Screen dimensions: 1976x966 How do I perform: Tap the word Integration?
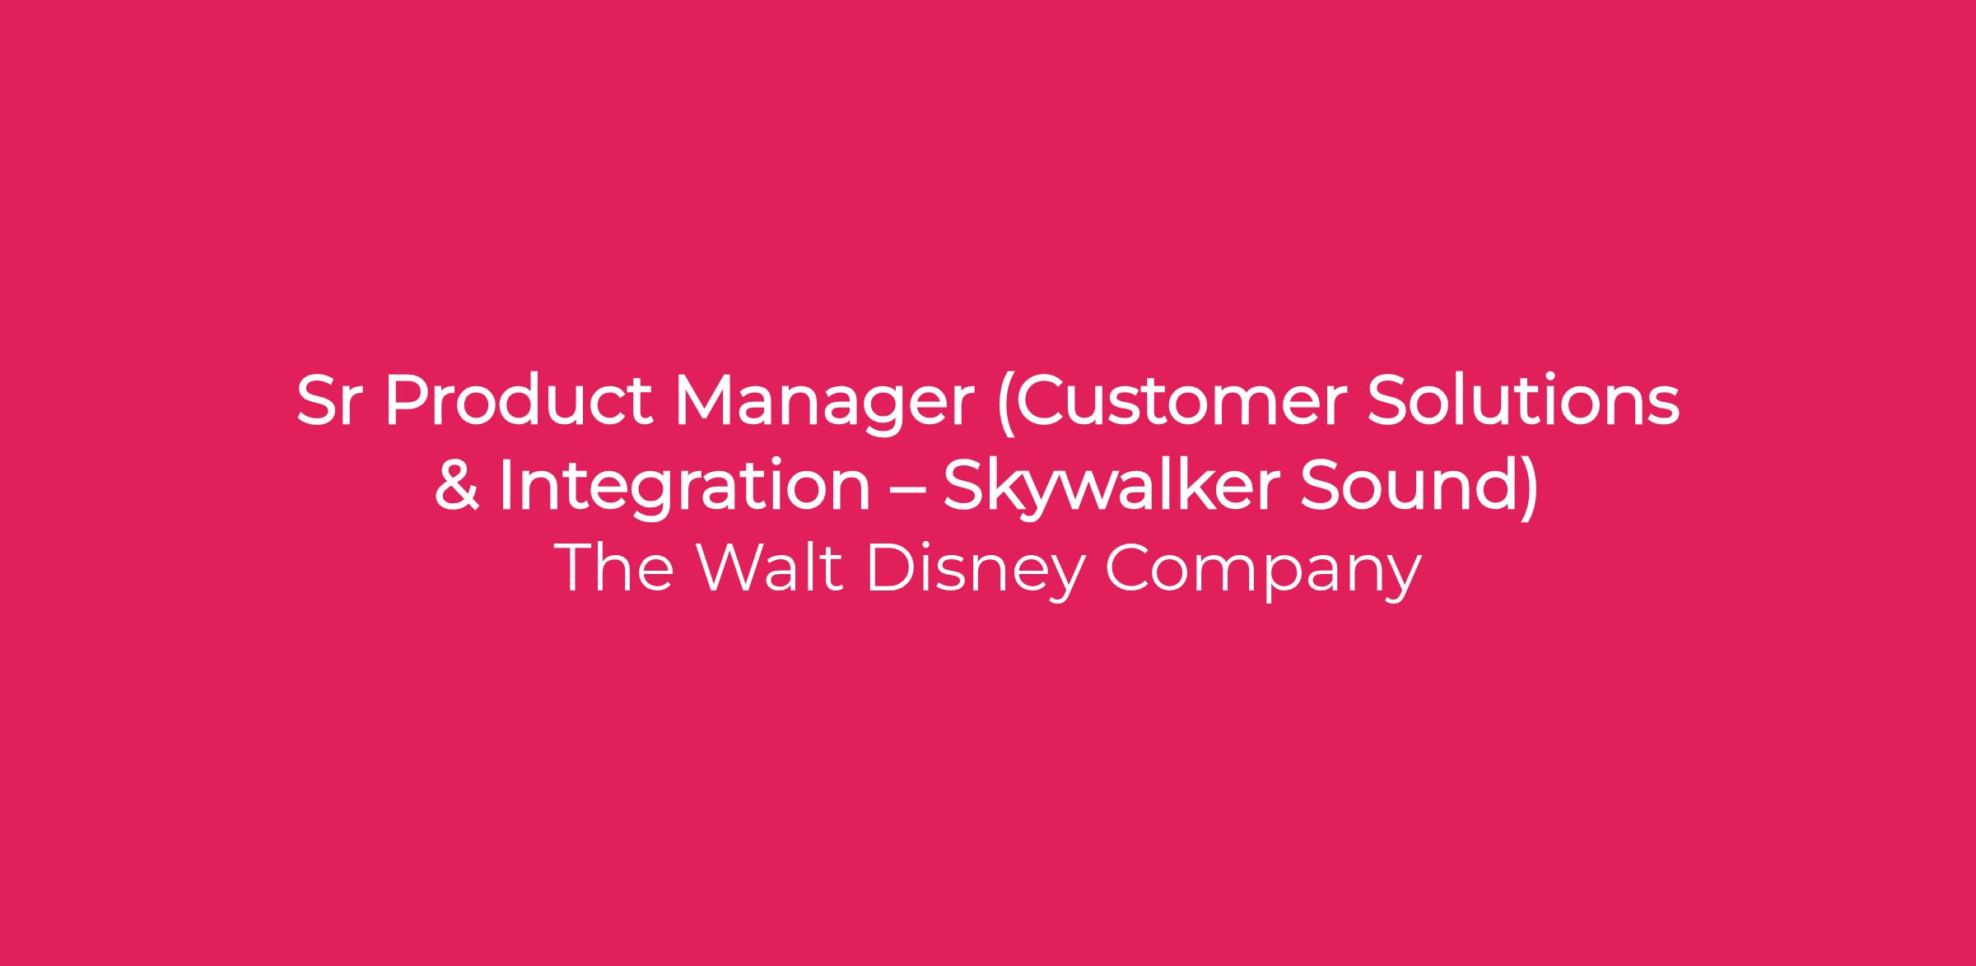684,491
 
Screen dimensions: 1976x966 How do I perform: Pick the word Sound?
1404,485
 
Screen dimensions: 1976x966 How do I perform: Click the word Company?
1263,572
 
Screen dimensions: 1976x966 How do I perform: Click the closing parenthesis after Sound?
1527,489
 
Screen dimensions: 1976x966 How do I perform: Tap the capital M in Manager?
705,402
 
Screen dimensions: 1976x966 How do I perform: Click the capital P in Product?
407,402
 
